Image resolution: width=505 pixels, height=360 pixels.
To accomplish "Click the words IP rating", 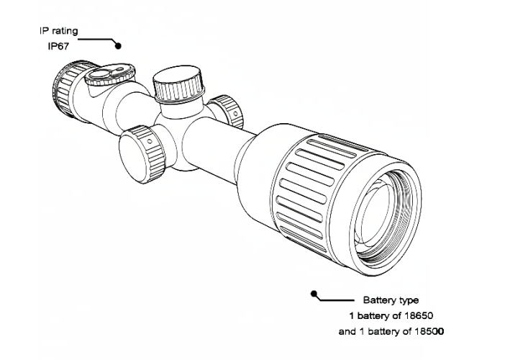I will tap(59, 31).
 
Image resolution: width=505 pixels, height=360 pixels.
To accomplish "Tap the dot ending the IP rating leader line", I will tap(119, 45).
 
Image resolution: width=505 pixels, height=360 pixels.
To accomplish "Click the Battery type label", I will tap(391, 300).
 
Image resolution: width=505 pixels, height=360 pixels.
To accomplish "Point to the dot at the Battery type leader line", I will tap(314, 294).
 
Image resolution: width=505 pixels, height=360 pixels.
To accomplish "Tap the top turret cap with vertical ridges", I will tap(177, 86).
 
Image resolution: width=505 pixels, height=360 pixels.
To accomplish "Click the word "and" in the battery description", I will tap(347, 332).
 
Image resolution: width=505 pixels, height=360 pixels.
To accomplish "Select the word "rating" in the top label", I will tap(65, 31).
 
